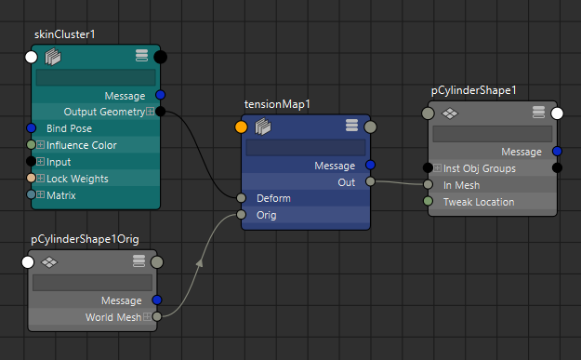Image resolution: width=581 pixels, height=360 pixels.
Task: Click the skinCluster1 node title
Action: [64, 34]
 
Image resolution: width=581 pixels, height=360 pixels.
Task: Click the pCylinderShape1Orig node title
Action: [85, 239]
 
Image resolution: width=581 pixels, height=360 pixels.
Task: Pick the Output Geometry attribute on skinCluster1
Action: [104, 112]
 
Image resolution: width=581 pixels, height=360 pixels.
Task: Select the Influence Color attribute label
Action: [82, 145]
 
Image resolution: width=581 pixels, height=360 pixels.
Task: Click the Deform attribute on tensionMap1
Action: [273, 198]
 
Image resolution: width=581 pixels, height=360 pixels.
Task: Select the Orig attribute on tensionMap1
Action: [266, 215]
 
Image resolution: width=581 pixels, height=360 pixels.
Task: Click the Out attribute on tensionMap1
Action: [346, 182]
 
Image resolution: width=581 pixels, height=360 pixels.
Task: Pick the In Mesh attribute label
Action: [462, 184]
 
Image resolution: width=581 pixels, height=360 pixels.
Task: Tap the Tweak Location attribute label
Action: [480, 201]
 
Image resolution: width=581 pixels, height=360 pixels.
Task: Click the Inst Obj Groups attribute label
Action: [480, 168]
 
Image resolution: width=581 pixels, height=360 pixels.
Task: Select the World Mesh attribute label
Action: [114, 317]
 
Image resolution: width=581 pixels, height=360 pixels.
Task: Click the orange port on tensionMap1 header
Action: [242, 127]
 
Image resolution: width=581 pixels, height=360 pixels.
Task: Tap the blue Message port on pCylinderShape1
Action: [557, 152]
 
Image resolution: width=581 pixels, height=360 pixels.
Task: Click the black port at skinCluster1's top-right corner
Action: [161, 58]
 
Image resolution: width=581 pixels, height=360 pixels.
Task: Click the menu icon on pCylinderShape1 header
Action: [538, 113]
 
